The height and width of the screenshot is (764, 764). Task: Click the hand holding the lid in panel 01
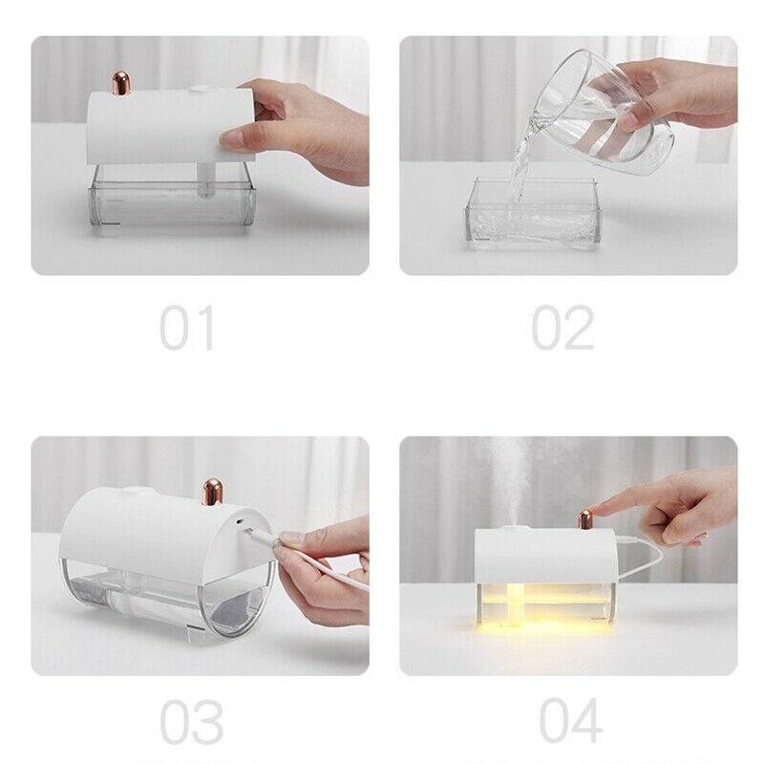click(x=306, y=129)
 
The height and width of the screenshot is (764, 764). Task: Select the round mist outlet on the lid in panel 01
click(x=203, y=91)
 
